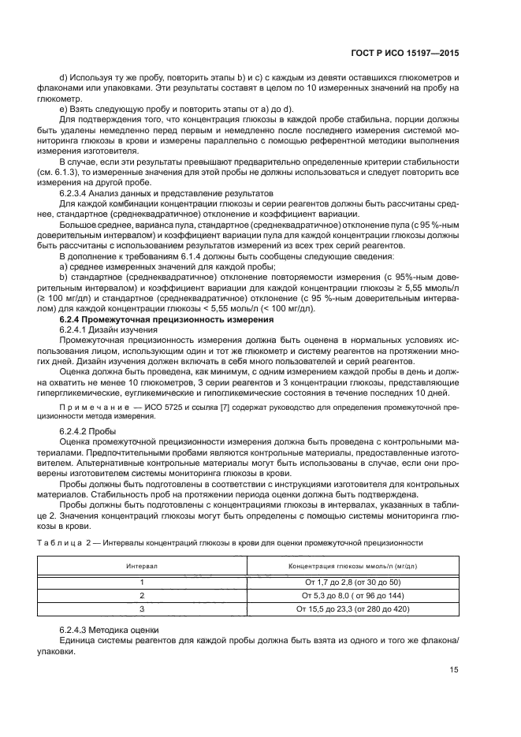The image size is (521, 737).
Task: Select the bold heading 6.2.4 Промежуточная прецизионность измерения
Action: [161, 318]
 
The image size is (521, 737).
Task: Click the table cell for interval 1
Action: [143, 582]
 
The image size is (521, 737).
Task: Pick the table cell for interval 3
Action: [143, 609]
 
